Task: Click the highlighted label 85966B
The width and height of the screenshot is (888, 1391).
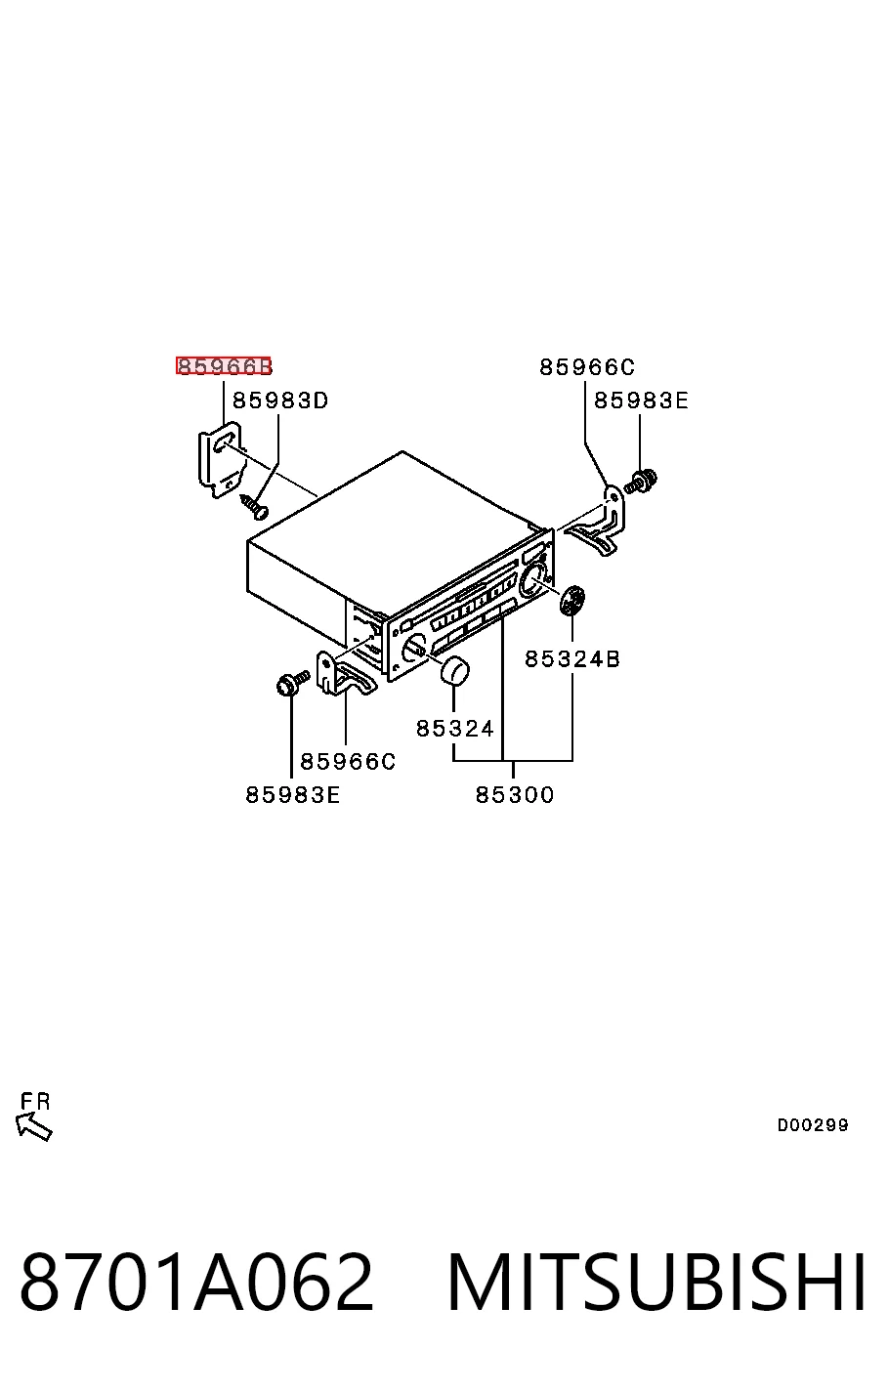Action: point(224,365)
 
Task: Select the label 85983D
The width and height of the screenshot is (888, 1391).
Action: point(280,400)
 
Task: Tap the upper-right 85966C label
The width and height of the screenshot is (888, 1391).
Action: point(587,367)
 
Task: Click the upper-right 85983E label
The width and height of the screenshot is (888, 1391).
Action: point(641,400)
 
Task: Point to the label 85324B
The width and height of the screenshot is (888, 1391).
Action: point(571,658)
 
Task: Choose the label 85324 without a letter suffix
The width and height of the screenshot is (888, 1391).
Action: point(454,728)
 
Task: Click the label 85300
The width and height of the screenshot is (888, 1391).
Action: point(514,794)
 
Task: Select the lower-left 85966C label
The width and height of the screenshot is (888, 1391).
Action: point(348,761)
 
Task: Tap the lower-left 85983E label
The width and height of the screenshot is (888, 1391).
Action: point(292,794)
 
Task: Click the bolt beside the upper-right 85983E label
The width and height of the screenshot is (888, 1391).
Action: point(641,481)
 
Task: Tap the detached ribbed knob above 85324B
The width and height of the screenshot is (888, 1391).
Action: point(571,600)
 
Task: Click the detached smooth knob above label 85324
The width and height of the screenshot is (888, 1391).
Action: point(454,670)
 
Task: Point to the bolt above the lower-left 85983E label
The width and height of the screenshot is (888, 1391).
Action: point(292,683)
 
